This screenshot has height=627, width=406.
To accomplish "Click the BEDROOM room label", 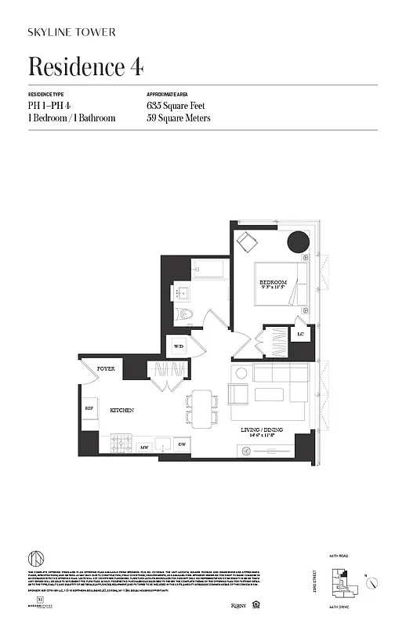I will coord(273,282).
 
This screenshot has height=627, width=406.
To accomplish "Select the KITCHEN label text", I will coord(121,410).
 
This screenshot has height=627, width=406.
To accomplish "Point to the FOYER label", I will coord(106,368).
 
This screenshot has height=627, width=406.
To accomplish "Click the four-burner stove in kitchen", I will coord(121,444).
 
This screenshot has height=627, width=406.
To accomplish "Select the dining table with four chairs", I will coord(201,409).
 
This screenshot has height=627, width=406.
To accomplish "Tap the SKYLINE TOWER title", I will coord(71,32).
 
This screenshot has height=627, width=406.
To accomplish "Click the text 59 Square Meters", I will coord(179,118).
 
